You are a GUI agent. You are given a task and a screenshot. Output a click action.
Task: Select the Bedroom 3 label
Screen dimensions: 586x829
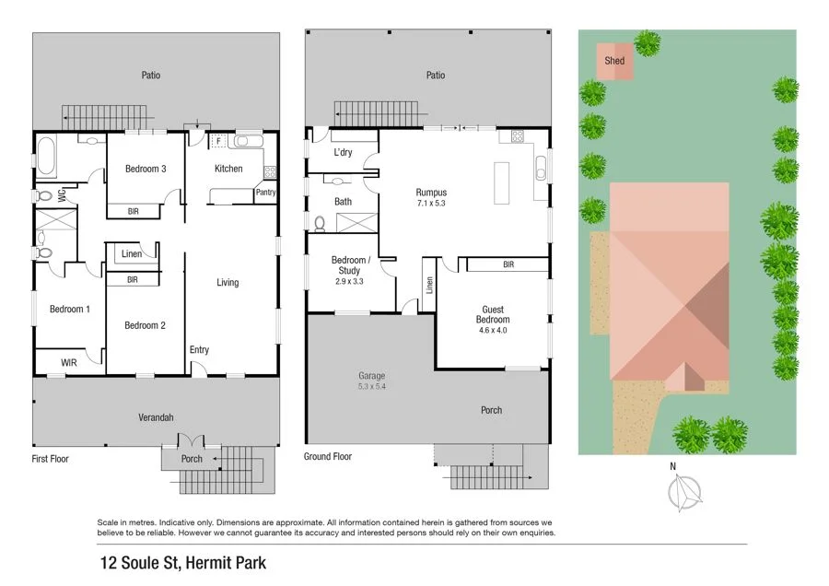(x=146, y=169)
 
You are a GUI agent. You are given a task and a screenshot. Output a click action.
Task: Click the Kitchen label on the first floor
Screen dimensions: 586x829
(x=228, y=169)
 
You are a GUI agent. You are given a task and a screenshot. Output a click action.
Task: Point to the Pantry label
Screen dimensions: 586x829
(x=265, y=193)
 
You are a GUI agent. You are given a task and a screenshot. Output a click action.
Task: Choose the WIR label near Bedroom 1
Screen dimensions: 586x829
(x=69, y=363)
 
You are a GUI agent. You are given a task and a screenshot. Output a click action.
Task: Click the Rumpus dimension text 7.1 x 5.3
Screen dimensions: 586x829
(x=431, y=203)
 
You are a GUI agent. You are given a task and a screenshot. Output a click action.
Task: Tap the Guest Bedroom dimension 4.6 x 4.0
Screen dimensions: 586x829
(x=492, y=330)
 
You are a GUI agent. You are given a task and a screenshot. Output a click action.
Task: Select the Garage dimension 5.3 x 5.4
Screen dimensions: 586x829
(x=372, y=387)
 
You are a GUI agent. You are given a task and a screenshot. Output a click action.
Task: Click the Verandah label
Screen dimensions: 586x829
(x=156, y=417)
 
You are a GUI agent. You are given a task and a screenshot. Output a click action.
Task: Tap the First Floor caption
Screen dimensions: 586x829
(x=51, y=458)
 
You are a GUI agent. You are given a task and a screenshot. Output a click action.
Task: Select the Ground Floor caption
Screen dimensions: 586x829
(x=328, y=456)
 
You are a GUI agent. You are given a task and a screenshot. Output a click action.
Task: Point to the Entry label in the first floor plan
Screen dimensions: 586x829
(x=199, y=350)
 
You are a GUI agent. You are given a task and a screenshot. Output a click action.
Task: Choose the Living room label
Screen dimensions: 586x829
(x=228, y=283)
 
